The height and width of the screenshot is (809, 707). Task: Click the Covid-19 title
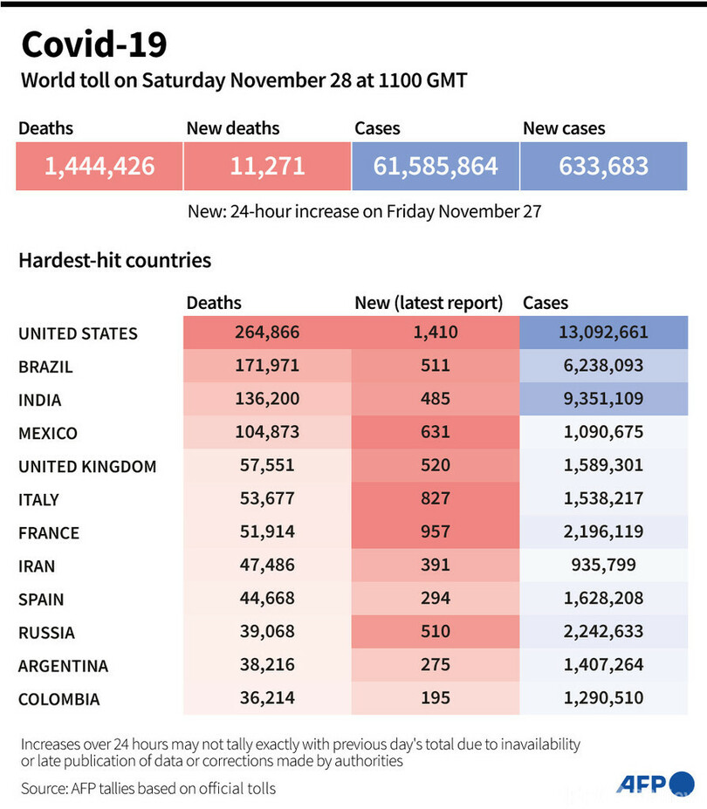coord(93,44)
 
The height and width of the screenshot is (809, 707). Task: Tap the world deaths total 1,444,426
coord(100,166)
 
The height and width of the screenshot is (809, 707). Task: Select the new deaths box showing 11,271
coord(267,166)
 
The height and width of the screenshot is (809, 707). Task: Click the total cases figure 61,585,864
coord(436,166)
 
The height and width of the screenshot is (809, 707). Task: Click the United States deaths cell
coord(267,333)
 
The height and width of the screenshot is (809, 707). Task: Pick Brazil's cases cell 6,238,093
coord(604,367)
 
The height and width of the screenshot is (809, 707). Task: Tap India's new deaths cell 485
coord(435,400)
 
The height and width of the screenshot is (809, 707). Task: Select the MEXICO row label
coord(48,434)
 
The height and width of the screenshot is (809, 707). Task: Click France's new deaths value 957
coord(435,532)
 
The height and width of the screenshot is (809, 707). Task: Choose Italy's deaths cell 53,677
coord(267,499)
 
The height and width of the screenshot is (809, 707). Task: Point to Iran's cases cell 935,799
coord(604,566)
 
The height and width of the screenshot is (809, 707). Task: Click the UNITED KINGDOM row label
coord(87,467)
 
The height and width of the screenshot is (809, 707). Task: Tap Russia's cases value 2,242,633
coord(604,632)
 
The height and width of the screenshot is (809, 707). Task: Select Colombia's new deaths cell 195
coord(435,698)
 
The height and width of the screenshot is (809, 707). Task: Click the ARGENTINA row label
coord(64,666)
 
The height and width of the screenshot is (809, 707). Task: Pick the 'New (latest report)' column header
coord(429,303)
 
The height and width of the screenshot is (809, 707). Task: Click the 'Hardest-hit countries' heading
coord(114,260)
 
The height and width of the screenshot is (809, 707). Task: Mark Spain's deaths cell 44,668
coord(267,599)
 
